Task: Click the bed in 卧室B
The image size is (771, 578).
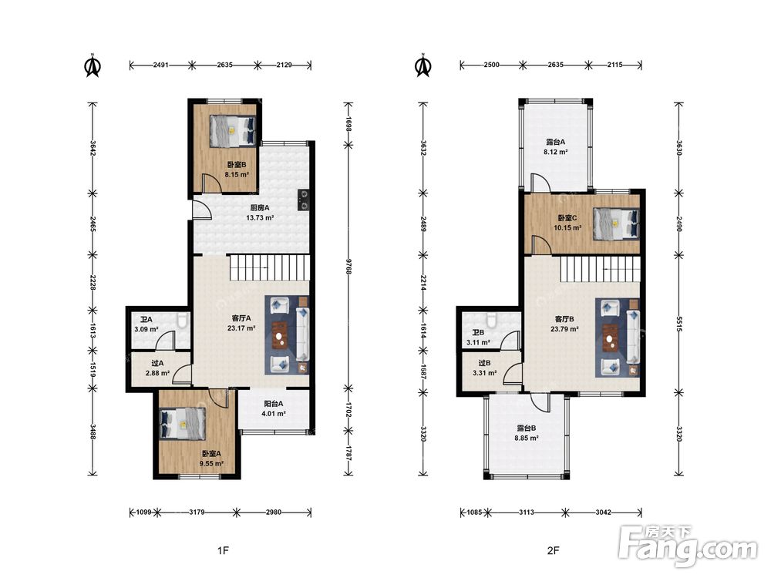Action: pos(233,131)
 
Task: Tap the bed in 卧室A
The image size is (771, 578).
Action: pos(183,425)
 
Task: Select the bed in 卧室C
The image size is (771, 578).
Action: pos(616,224)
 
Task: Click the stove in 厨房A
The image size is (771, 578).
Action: pos(304,200)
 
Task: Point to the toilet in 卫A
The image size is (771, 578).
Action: pos(183,321)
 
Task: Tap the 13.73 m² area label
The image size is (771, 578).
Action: pos(260,217)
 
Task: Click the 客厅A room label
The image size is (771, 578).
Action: pos(241,318)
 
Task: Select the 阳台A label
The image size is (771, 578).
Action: pos(274,404)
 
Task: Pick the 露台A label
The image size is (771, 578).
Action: pos(556,142)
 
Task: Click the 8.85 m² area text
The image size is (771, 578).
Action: pos(526,438)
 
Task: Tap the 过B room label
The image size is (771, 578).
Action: pos(484,363)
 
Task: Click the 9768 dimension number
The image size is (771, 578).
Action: pos(348,266)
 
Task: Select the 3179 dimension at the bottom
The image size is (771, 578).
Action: pos(197,512)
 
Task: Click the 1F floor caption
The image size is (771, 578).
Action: pos(224,550)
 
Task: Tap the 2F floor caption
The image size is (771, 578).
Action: pos(553,550)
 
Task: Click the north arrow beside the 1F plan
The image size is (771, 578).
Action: pos(93,66)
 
